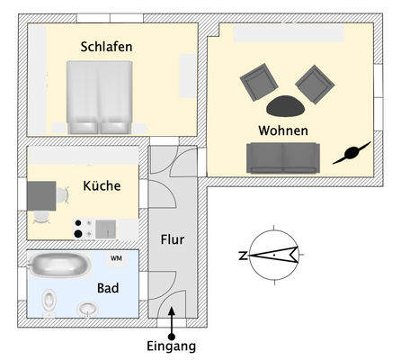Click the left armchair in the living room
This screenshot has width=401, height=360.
point(260,83)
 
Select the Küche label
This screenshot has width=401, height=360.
point(102,185)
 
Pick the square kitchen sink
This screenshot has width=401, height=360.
point(105,229)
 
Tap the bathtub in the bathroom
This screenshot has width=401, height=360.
point(59,265)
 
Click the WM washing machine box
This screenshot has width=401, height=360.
point(116,258)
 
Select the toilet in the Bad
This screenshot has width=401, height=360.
point(49,300)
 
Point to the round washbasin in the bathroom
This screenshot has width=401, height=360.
point(87,310)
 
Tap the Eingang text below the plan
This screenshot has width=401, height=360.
point(171,346)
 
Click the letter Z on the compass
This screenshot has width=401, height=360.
point(243,256)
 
